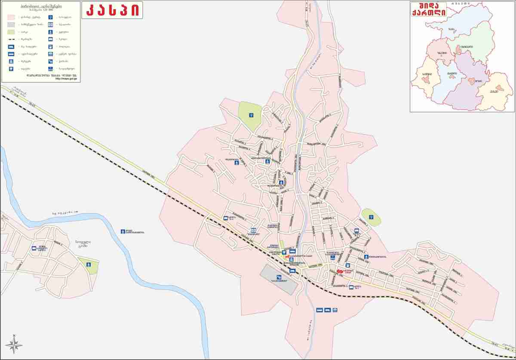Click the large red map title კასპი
point(114,11)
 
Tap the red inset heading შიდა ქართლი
point(429,11)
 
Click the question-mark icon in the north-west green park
point(251,115)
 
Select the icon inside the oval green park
point(371,217)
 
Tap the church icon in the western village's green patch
point(89,265)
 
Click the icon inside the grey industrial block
point(279,278)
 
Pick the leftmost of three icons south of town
point(319,310)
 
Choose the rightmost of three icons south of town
point(335,310)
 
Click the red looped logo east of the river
point(339,271)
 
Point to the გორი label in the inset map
point(478,81)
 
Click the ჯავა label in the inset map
point(450,29)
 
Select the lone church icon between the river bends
point(123,231)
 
